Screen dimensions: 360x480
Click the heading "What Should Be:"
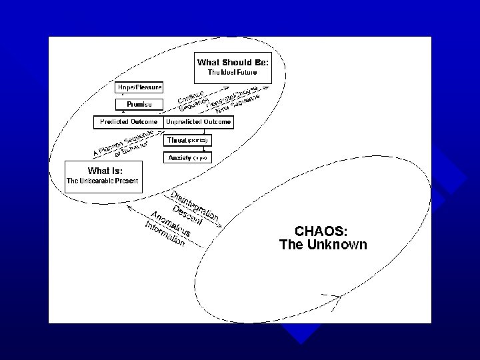233,62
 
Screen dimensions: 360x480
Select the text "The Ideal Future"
233,71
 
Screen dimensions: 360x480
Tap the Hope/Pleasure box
139,87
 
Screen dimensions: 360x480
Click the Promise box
139,104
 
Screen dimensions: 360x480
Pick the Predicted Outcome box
129,122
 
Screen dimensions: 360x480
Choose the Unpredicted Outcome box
198,122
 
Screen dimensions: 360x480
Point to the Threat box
188,141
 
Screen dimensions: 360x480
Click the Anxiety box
188,158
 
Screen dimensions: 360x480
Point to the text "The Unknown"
323,245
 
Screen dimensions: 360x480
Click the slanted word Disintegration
195,206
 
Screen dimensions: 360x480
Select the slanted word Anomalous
171,223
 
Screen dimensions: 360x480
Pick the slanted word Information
165,234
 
